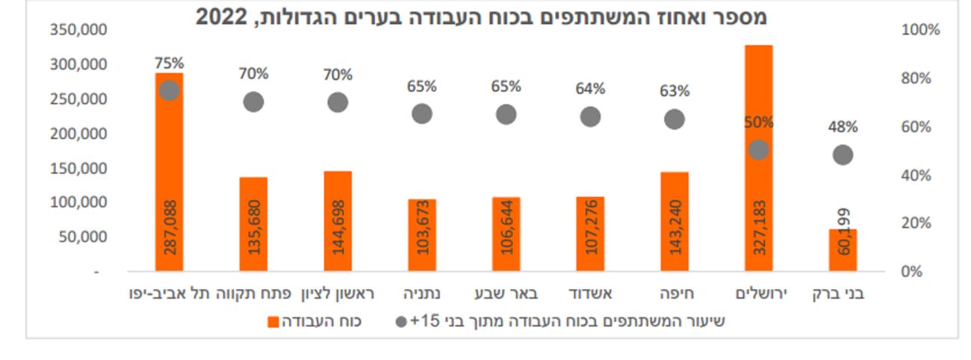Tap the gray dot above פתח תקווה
pyautogui.click(x=254, y=102)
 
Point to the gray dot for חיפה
pyautogui.click(x=674, y=120)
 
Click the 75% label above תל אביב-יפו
pyautogui.click(x=169, y=63)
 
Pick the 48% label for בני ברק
pyautogui.click(x=843, y=127)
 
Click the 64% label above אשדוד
pyautogui.click(x=590, y=89)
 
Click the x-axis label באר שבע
pyautogui.click(x=506, y=294)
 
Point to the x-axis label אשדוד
pyautogui.click(x=590, y=294)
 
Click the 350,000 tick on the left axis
pyautogui.click(x=78, y=30)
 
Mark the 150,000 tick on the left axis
pyautogui.click(x=78, y=168)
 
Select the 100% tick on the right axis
pyautogui.click(x=920, y=30)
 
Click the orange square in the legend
pyautogui.click(x=273, y=322)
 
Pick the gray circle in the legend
pyautogui.click(x=402, y=322)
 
